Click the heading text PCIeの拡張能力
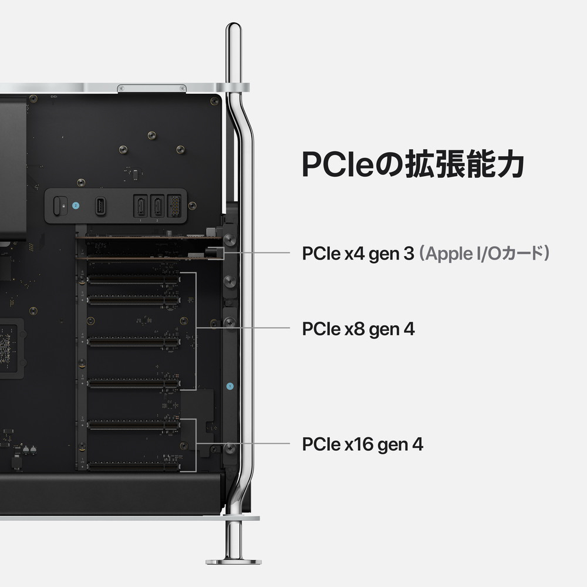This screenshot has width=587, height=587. click(413, 165)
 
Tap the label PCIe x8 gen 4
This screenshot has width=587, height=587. click(358, 329)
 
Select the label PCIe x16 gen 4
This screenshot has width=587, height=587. click(362, 444)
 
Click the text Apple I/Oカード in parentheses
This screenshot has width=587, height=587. click(485, 254)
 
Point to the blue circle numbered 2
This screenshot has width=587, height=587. click(75, 205)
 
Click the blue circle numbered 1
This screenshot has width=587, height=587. click(230, 386)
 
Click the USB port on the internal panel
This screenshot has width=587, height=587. click(100, 205)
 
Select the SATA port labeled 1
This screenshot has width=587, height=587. click(140, 205)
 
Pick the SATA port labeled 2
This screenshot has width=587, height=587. click(157, 205)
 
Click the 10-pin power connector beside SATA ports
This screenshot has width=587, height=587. click(174, 205)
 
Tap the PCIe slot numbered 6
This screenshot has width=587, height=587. click(133, 281)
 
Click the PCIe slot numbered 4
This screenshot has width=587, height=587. click(133, 341)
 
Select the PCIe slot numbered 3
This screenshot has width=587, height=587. click(133, 383)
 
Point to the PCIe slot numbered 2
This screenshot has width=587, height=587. click(133, 424)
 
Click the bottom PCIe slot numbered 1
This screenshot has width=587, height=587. click(133, 466)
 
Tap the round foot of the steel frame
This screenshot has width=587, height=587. click(233, 561)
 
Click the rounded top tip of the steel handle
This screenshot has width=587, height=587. click(233, 28)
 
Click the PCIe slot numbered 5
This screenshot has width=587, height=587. click(133, 300)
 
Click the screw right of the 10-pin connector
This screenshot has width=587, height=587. click(192, 205)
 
